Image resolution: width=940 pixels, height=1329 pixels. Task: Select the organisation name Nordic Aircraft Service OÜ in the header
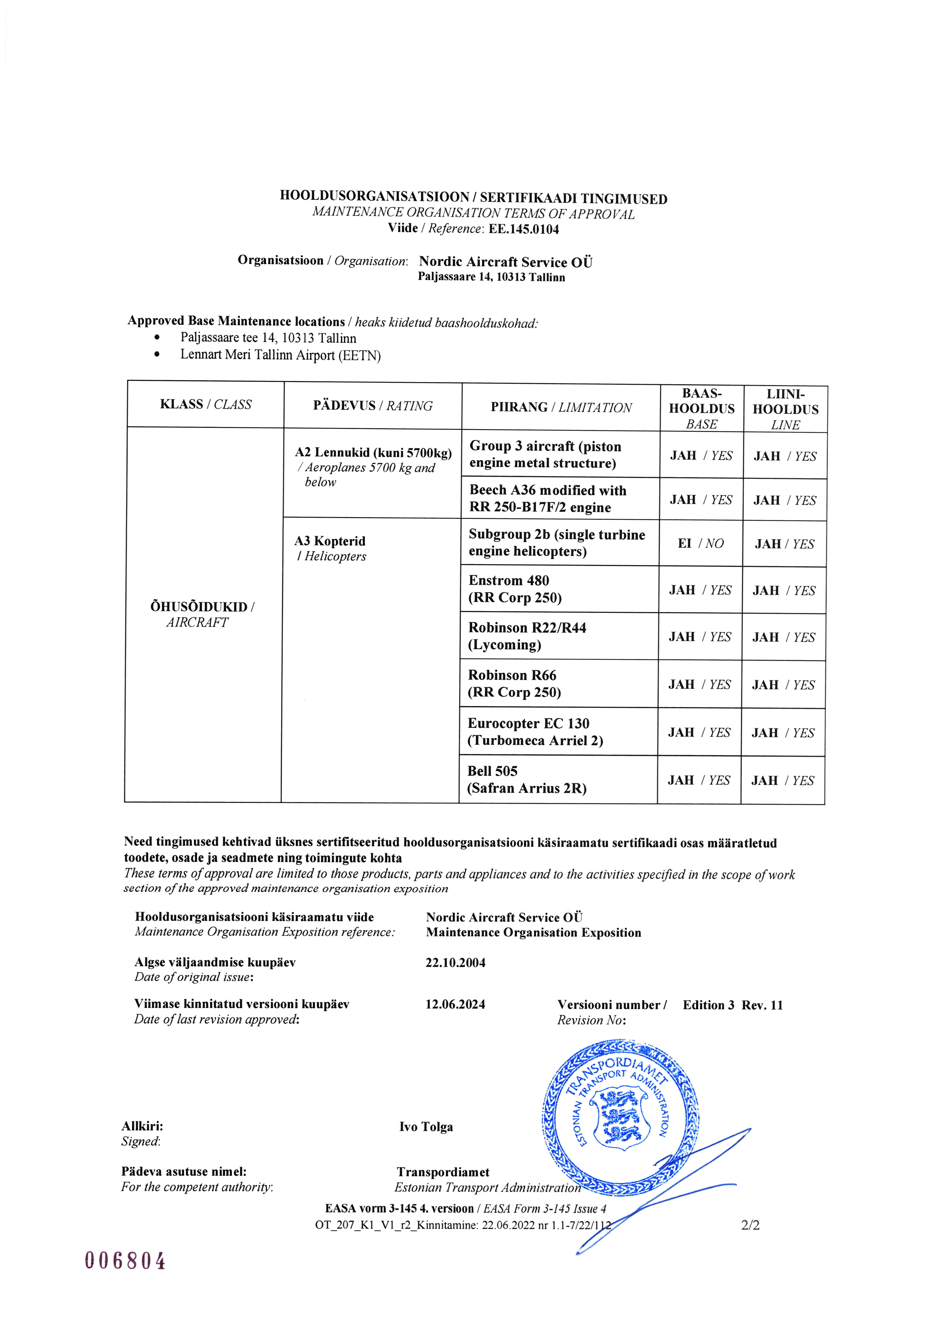[505, 262]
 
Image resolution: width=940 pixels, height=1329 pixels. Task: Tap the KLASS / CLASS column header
[205, 405]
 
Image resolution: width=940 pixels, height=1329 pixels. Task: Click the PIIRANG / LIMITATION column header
[561, 408]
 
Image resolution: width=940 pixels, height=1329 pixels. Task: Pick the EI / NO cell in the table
[700, 544]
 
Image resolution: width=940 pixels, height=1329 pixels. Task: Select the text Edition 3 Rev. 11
[732, 1005]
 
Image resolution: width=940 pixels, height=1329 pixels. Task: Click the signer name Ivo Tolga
[426, 1127]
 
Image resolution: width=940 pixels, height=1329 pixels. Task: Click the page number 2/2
[750, 1225]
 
